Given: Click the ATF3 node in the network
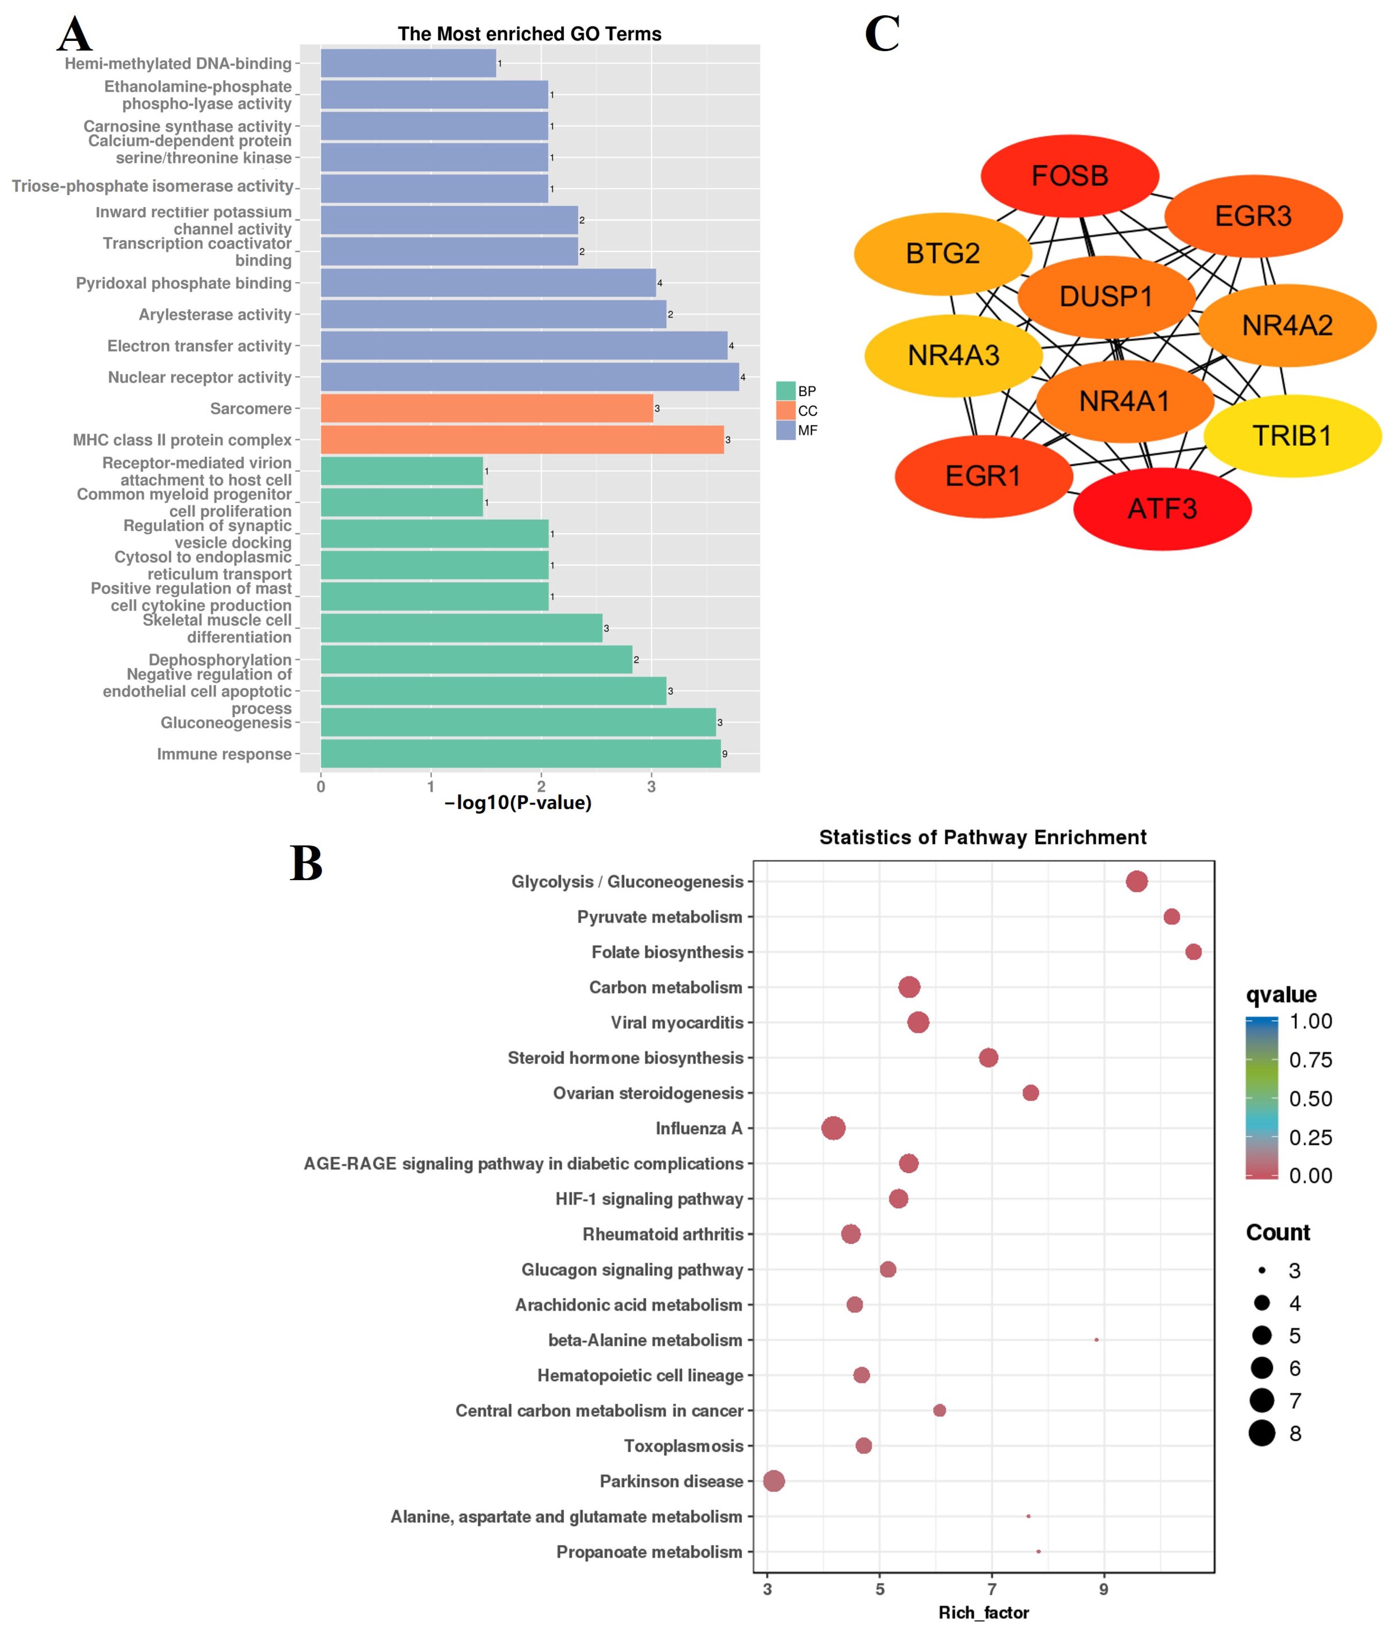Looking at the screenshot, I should [1161, 509].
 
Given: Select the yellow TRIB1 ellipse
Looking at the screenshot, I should [1292, 435].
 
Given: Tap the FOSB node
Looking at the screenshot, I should [1069, 176].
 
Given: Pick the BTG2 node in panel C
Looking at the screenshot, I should [943, 254].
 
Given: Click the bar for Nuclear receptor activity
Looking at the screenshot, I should [529, 377].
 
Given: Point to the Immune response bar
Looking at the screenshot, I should [520, 754].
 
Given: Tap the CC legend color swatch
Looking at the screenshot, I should [785, 410].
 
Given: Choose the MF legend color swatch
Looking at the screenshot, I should [785, 430].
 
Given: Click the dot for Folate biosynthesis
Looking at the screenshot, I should [1193, 952].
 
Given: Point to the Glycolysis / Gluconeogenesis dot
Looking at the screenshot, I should [1137, 881].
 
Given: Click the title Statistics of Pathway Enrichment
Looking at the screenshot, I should [983, 837].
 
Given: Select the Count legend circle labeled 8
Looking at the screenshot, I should [1262, 1433].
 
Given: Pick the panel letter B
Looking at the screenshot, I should [307, 864].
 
